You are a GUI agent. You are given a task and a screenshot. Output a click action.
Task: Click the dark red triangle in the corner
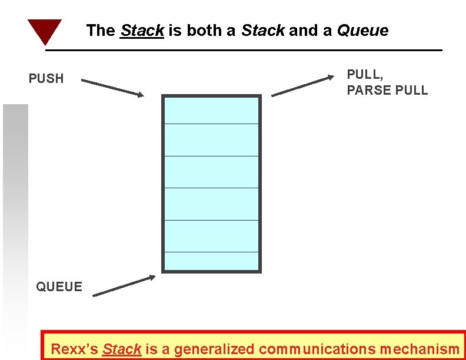pyautogui.click(x=44, y=31)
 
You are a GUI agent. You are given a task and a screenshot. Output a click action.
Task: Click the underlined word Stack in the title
pyautogui.click(x=142, y=31)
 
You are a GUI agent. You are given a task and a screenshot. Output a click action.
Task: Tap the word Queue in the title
pyautogui.click(x=362, y=31)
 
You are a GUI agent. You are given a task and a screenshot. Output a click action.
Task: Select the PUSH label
pyautogui.click(x=46, y=78)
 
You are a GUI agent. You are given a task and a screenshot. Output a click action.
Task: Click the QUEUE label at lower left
pyautogui.click(x=59, y=286)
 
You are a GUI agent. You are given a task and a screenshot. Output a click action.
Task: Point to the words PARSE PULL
pyautogui.click(x=387, y=91)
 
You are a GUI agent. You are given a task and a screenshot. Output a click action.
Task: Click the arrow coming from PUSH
pyautogui.click(x=112, y=87)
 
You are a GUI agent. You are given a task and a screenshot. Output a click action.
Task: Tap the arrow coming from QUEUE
pyautogui.click(x=124, y=285)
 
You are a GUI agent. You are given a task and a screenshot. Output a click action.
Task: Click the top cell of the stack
pyautogui.click(x=211, y=111)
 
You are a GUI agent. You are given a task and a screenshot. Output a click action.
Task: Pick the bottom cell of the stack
pyautogui.click(x=211, y=261)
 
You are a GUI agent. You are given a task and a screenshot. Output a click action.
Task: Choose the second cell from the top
pyautogui.click(x=211, y=140)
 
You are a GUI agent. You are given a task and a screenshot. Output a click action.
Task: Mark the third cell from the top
pyautogui.click(x=211, y=172)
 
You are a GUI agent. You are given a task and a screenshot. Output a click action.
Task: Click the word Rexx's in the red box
pyautogui.click(x=75, y=349)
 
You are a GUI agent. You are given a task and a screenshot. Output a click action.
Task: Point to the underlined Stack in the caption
pyautogui.click(x=122, y=349)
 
